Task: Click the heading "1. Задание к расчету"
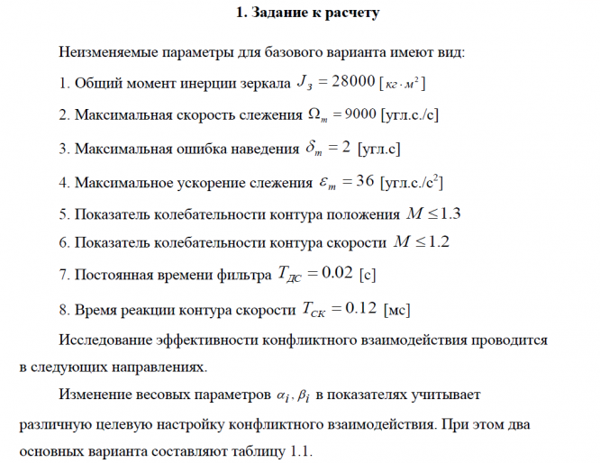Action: [x=307, y=14]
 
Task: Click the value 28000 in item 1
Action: [x=348, y=83]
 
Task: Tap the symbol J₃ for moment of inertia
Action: [x=305, y=84]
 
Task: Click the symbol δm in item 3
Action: [x=316, y=149]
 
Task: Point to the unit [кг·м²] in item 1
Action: [x=403, y=85]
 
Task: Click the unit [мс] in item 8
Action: [x=396, y=311]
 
